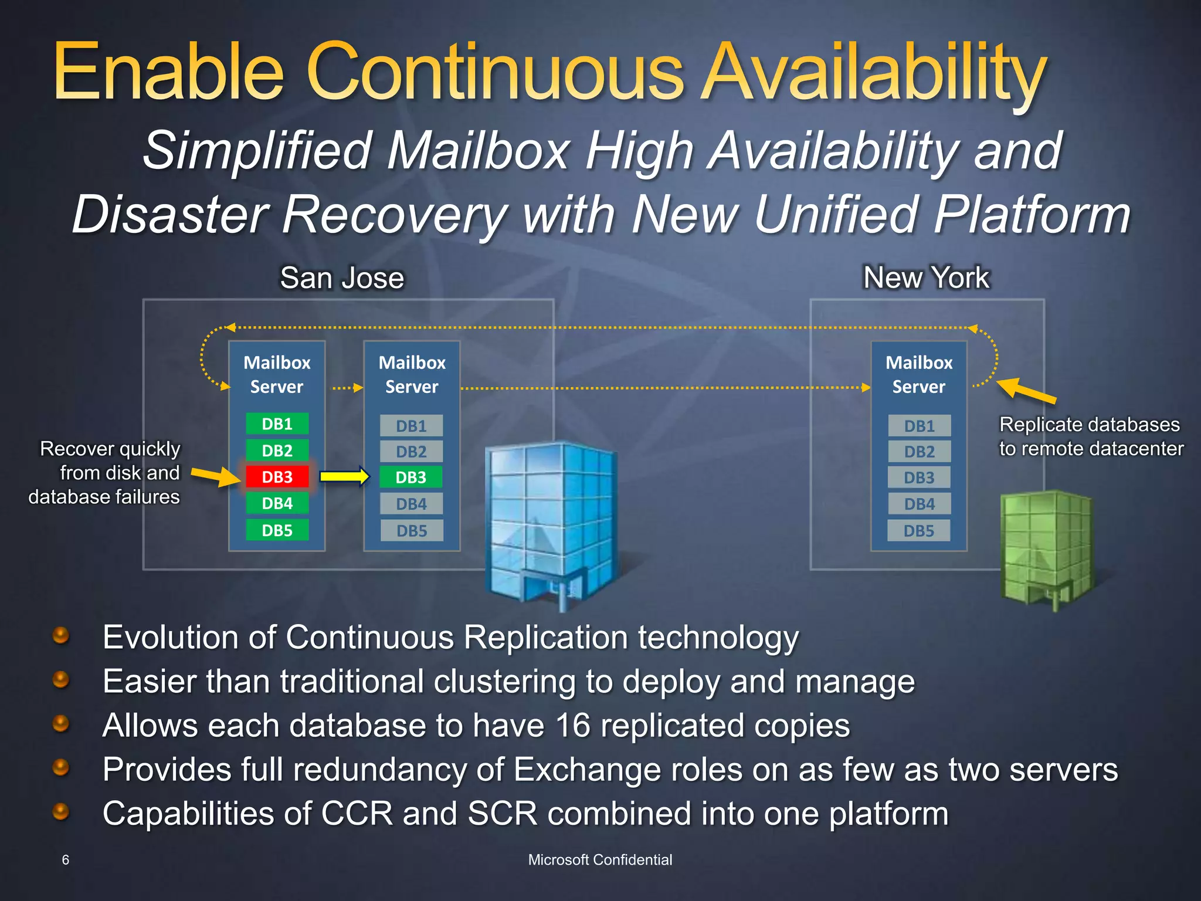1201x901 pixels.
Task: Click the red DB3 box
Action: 277,477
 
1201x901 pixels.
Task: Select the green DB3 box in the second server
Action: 410,477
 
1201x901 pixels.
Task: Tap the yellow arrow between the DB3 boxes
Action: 345,476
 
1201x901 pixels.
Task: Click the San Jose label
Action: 342,278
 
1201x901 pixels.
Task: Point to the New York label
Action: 926,277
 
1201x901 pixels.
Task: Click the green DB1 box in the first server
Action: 277,424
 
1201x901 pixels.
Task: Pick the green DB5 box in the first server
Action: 277,530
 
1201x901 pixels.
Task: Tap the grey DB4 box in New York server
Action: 919,504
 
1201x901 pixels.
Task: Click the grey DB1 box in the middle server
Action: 411,426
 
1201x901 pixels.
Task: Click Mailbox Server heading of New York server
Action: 919,374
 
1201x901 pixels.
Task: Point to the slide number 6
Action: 66,860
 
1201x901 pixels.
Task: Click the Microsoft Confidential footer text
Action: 600,860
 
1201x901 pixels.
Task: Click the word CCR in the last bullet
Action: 357,814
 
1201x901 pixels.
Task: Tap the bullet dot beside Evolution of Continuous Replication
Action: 61,635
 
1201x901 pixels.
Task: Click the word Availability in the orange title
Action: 874,73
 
